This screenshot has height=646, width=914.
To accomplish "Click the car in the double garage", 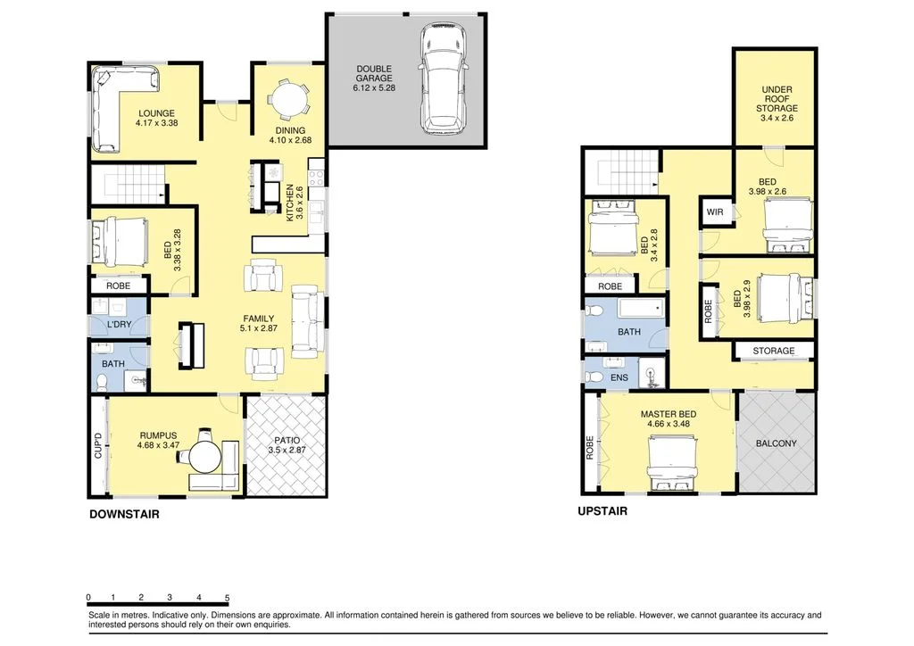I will (x=444, y=79).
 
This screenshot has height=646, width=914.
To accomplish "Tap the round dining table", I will (x=288, y=99).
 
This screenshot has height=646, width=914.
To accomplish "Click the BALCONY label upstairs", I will (x=777, y=443).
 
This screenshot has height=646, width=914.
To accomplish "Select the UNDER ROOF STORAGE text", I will (x=777, y=99).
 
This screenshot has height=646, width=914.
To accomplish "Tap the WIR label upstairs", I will (x=714, y=212).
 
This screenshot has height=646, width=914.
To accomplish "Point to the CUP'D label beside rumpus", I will (x=98, y=445).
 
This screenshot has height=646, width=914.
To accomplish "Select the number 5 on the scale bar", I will (x=228, y=598).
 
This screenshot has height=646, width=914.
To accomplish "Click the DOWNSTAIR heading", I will (x=124, y=515).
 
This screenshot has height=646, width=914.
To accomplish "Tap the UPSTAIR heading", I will (x=602, y=512).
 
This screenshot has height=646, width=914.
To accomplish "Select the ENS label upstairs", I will (x=619, y=377).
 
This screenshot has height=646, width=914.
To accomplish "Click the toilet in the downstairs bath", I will (x=103, y=382).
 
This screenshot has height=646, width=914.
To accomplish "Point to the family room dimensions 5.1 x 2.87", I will (x=259, y=329).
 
